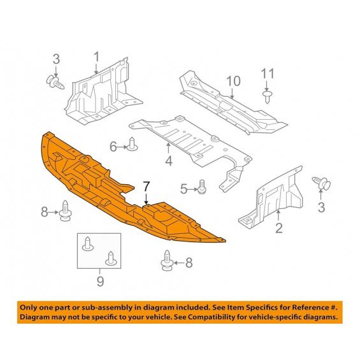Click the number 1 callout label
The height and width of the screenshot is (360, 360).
pyautogui.click(x=96, y=57)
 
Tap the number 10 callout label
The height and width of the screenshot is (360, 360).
pyautogui.click(x=233, y=81)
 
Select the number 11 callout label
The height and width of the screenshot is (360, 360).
pyautogui.click(x=268, y=74)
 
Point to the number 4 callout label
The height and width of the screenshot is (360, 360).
pyautogui.click(x=169, y=161)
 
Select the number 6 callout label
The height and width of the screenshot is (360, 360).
pyautogui.click(x=113, y=147)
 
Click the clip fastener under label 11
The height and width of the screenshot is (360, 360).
pyautogui.click(x=267, y=97)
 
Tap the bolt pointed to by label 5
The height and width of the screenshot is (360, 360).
pyautogui.click(x=201, y=187)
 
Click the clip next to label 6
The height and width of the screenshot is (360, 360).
pyautogui.click(x=133, y=144)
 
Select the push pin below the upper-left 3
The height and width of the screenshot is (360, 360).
pyautogui.click(x=55, y=83)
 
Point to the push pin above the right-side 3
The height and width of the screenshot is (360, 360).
pyautogui.click(x=321, y=183)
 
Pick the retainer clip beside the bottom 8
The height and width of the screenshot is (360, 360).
pyautogui.click(x=167, y=260)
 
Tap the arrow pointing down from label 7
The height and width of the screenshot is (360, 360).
pyautogui.click(x=147, y=199)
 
